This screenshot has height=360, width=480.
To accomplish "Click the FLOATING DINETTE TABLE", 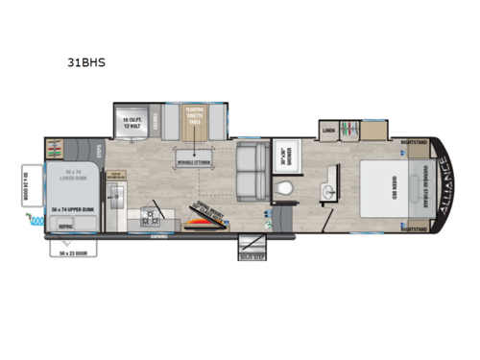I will click(x=196, y=121).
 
